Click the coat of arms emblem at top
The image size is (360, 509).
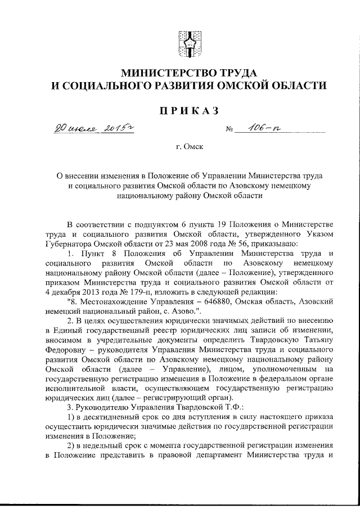click(188, 43)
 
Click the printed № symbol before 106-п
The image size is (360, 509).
click(229, 130)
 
